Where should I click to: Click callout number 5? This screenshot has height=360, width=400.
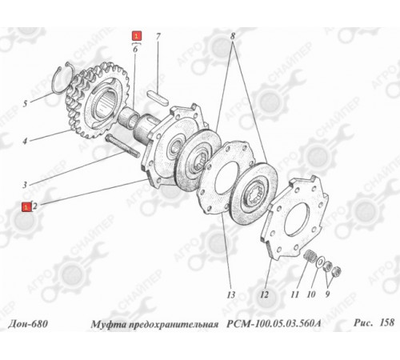click(x=25, y=103)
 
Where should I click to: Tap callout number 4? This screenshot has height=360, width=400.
click(x=25, y=141)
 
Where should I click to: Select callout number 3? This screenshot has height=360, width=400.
click(x=25, y=185)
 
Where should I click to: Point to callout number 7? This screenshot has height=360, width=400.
click(x=158, y=36)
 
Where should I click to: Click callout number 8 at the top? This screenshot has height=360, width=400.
click(x=233, y=36)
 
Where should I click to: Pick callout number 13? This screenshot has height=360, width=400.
click(x=231, y=294)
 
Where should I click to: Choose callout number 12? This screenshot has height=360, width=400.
click(x=264, y=294)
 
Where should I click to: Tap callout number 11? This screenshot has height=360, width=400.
click(x=294, y=294)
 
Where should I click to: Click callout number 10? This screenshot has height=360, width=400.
click(x=311, y=294)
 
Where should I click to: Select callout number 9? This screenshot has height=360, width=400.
click(x=327, y=294)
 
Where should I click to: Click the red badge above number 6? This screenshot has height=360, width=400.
click(x=137, y=36)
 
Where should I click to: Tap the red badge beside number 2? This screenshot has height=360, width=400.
click(x=26, y=206)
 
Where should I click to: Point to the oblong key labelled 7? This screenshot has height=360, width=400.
click(x=158, y=98)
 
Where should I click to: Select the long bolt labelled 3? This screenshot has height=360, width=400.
click(x=122, y=146)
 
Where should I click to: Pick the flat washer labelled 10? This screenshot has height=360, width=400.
click(x=320, y=262)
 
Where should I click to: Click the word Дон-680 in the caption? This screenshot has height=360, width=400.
click(x=28, y=324)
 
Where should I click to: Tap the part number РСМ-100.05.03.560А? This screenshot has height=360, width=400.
click(x=274, y=324)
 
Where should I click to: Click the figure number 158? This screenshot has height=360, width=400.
click(x=386, y=322)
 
